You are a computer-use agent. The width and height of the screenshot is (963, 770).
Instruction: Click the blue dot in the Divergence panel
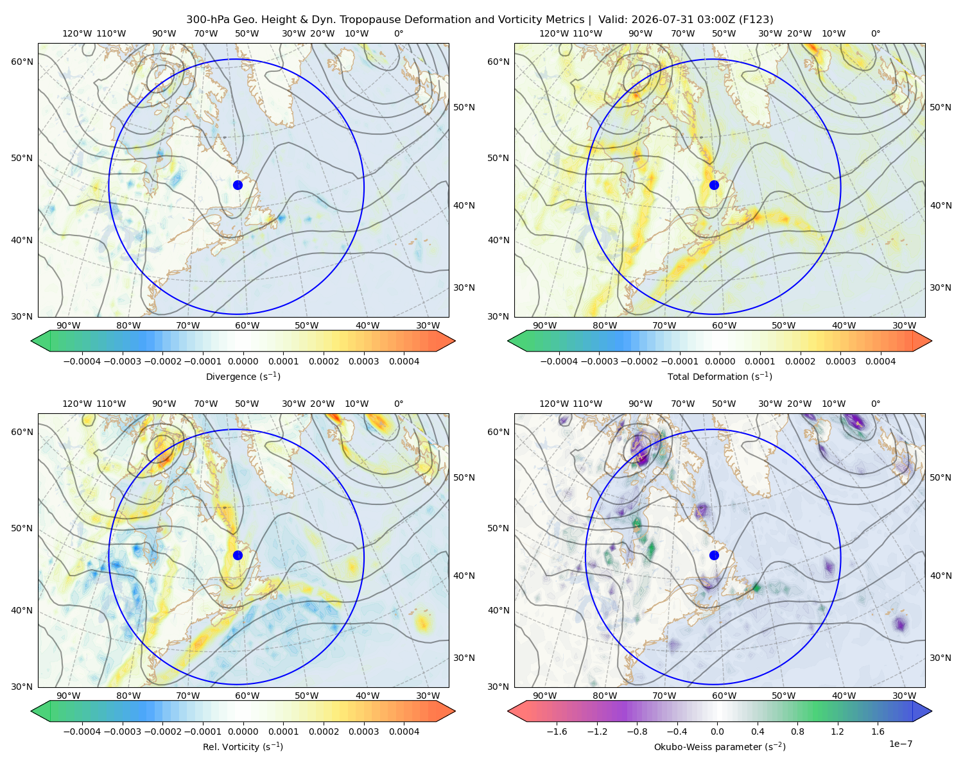[238, 185]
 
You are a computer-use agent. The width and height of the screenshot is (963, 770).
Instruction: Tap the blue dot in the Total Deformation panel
[714, 185]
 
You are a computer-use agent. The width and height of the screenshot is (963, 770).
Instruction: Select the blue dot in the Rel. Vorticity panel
[238, 555]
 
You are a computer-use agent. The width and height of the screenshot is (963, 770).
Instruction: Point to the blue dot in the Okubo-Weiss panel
[714, 555]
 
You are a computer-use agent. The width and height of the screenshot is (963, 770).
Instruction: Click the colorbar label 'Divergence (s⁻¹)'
[243, 376]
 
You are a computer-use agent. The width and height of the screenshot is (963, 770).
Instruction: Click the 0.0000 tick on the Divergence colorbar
[243, 361]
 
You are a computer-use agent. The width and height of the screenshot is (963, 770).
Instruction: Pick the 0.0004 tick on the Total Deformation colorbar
[880, 361]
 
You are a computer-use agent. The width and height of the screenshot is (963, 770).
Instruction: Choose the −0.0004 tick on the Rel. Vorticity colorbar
[82, 731]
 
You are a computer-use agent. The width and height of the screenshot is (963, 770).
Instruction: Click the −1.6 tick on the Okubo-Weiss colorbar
[557, 731]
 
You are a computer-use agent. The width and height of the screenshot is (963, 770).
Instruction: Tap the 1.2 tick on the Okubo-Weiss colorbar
[837, 731]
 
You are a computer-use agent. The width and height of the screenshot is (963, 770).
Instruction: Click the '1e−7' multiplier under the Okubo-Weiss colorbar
[900, 744]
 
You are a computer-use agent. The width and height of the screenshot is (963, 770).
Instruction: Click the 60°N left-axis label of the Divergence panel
[22, 62]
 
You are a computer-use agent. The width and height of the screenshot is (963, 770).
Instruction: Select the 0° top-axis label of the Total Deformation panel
[875, 33]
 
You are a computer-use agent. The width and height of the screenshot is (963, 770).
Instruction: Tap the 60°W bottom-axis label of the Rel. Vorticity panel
[247, 696]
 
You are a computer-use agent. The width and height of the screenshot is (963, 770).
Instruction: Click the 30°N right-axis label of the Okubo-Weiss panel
[941, 658]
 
